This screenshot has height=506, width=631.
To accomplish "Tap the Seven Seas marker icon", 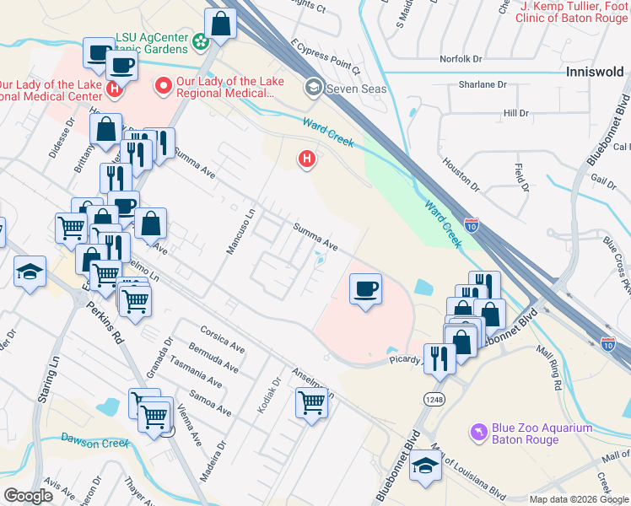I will (x=313, y=88).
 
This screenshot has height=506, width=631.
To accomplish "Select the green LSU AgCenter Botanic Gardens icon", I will (x=201, y=40).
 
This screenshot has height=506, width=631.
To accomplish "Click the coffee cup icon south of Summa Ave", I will (x=364, y=289).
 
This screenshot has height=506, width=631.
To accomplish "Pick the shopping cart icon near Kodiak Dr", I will (x=312, y=404).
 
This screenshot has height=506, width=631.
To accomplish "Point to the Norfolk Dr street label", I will (x=460, y=59).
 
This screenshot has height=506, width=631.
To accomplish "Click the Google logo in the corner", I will (x=28, y=496).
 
